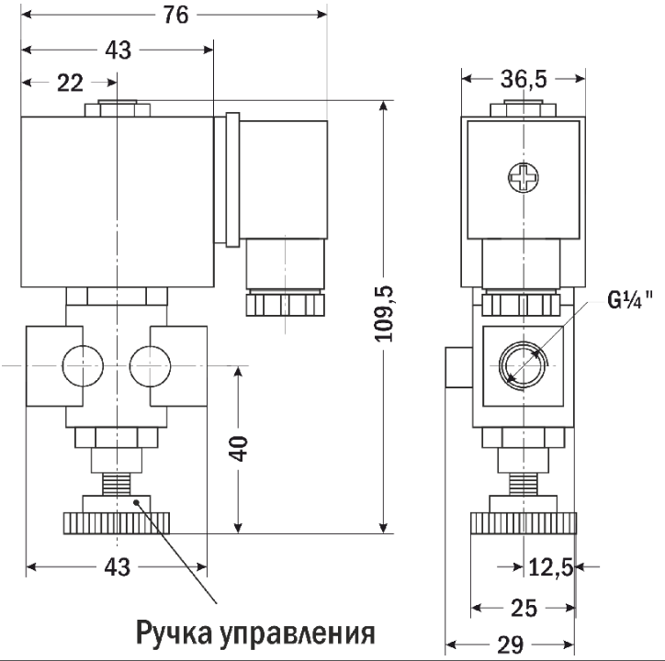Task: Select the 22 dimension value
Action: click(x=68, y=84)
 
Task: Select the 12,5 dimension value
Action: click(x=550, y=568)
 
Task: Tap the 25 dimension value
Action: click(x=524, y=608)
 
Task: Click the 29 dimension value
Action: click(x=513, y=643)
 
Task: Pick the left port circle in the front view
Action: click(x=80, y=365)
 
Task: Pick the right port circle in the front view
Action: click(x=151, y=365)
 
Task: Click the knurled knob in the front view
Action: click(x=118, y=523)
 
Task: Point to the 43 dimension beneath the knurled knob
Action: click(x=118, y=568)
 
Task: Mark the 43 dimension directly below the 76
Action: click(x=118, y=51)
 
